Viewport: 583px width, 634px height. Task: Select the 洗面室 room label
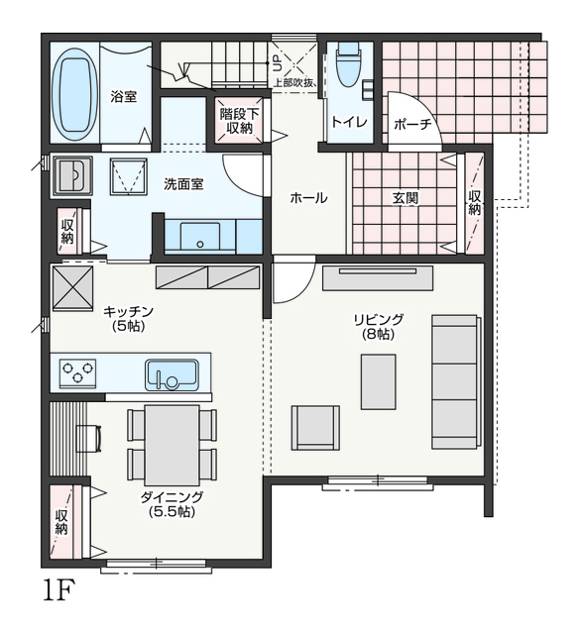[x=183, y=184]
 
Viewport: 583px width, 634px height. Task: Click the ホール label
[x=308, y=198]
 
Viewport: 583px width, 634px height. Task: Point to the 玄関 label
[x=405, y=198]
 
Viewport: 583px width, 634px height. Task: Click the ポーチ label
[x=412, y=124]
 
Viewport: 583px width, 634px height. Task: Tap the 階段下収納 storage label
[x=240, y=121]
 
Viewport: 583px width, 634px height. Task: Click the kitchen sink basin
[x=173, y=374]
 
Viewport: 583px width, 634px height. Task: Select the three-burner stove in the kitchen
[x=77, y=373]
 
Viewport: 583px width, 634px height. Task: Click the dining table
[x=172, y=445]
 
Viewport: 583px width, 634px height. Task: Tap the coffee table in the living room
[x=379, y=382]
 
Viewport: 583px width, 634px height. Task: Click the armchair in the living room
[x=315, y=428]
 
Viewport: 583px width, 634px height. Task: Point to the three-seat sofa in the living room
[x=456, y=382]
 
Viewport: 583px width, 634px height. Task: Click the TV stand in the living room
[x=378, y=277]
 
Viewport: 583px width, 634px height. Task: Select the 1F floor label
[x=59, y=590]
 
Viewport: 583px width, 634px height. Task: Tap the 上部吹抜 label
[x=294, y=83]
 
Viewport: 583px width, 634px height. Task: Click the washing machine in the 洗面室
[x=129, y=176]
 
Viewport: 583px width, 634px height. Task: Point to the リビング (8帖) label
[x=379, y=327]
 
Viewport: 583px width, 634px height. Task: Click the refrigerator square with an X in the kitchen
[x=72, y=289]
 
